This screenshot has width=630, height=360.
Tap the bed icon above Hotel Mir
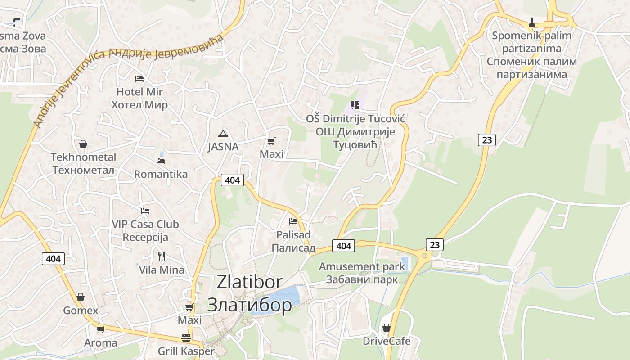point(139,78)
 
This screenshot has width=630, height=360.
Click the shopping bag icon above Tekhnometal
point(83,144)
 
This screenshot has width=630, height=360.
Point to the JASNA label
point(223,147)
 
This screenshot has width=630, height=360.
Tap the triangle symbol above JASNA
point(223,134)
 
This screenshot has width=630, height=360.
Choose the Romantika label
point(161,174)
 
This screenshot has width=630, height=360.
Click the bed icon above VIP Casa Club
point(145,211)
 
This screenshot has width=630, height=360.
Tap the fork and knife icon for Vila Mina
point(162,256)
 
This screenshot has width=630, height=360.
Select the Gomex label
point(81,310)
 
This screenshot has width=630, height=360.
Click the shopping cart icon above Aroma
point(100,329)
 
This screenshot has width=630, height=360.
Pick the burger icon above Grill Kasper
point(186,337)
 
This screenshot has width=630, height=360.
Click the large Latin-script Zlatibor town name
point(249,282)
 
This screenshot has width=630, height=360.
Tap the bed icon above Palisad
point(293,221)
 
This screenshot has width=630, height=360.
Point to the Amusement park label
point(362,266)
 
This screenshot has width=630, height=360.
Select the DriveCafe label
point(387,341)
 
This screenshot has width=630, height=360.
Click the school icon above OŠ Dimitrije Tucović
point(355,105)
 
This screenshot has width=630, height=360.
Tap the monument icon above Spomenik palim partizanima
point(531,22)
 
